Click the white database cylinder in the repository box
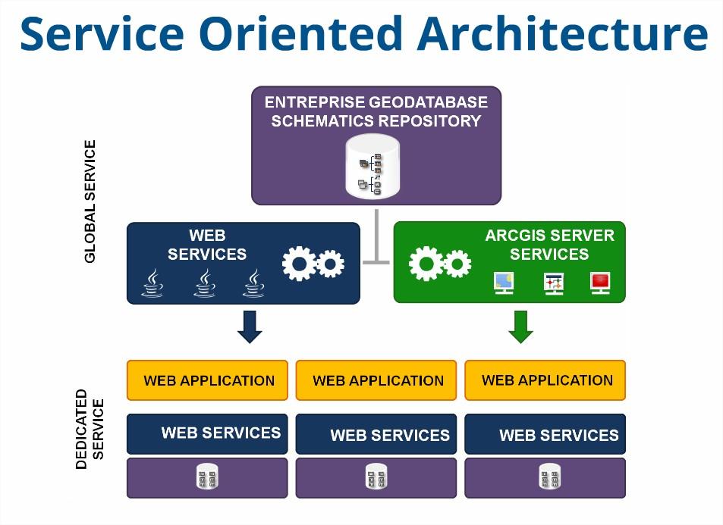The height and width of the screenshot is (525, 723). click(372, 167)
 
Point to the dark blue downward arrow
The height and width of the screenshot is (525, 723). click(250, 326)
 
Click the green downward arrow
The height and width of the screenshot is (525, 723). click(520, 326)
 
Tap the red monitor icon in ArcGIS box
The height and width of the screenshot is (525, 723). click(600, 283)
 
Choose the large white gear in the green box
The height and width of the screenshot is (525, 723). click(426, 264)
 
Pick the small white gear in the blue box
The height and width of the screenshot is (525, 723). click(330, 264)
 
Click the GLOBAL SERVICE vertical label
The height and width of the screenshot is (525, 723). click(90, 201)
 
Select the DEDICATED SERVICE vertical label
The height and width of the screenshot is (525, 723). click(90, 430)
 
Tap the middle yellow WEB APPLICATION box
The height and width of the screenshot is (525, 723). click(377, 380)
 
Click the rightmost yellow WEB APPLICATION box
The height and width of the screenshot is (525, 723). click(545, 380)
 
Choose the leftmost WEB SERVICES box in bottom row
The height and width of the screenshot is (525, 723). click(207, 434)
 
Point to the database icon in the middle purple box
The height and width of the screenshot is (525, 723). click(376, 478)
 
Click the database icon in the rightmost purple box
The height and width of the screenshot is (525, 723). click(545, 478)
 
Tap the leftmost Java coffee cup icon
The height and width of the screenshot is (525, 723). click(152, 283)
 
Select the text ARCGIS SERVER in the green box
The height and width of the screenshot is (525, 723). click(549, 236)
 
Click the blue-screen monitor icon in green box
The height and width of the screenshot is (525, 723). click(503, 283)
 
